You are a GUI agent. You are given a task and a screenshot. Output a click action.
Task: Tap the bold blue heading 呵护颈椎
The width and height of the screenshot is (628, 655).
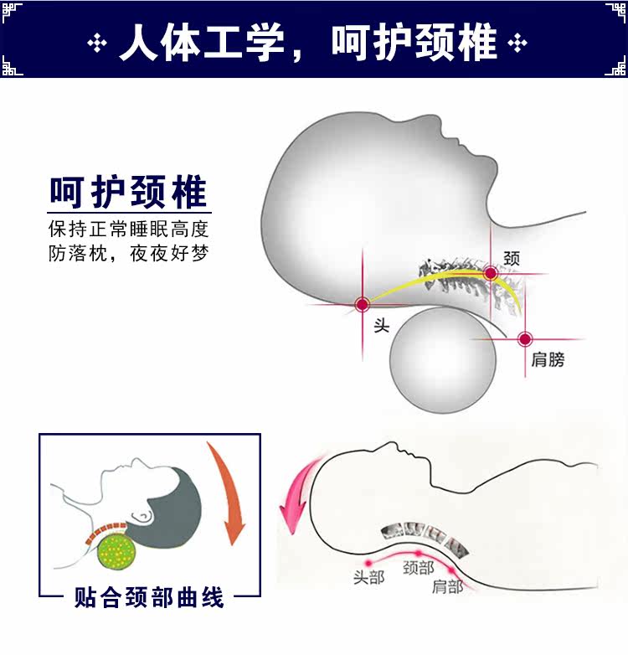pos(128,192)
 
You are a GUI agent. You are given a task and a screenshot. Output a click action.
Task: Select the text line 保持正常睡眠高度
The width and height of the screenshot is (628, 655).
pos(128,229)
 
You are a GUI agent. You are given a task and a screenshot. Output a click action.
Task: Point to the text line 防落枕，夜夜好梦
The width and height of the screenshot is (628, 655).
pos(128,253)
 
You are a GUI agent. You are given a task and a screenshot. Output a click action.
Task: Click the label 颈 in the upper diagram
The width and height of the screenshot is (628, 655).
pos(512,259)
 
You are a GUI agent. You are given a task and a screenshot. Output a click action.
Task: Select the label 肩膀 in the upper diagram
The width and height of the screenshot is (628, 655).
pos(548,360)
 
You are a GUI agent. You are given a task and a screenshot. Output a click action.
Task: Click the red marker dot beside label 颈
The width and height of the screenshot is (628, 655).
pos(491,273)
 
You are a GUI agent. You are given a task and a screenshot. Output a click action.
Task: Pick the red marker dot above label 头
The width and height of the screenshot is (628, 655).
pos(363,305)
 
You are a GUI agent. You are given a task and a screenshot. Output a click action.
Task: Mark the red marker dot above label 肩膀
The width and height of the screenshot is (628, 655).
pos(524,339)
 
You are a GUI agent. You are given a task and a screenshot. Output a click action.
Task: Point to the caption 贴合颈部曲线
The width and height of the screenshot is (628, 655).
pos(149,598)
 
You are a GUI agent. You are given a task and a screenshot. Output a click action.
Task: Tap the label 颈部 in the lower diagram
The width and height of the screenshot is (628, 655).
pos(418,569)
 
